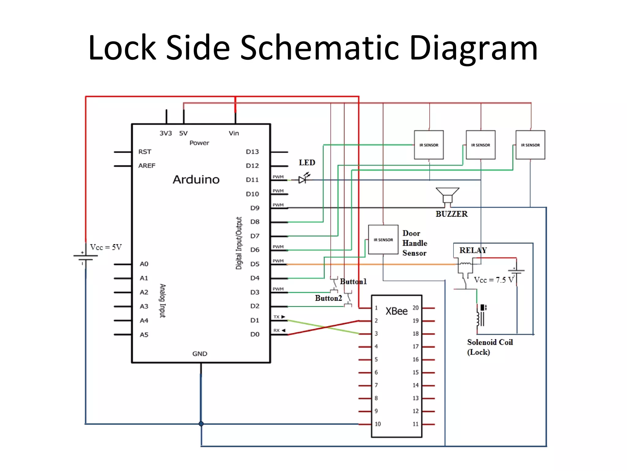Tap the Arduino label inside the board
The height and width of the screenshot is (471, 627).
click(196, 179)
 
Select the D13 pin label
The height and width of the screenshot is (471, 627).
click(252, 152)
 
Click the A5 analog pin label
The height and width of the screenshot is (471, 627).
click(144, 335)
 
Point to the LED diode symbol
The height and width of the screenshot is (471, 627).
click(303, 179)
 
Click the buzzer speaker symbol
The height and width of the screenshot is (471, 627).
click(447, 195)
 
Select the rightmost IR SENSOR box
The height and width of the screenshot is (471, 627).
click(530, 145)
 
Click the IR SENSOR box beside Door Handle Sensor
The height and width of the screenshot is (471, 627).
click(383, 239)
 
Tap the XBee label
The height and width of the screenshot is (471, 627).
click(396, 311)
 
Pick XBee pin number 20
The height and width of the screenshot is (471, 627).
click(415, 308)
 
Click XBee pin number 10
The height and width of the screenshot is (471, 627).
click(378, 424)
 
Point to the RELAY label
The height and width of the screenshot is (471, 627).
click(473, 250)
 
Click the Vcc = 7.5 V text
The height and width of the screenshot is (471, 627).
click(494, 280)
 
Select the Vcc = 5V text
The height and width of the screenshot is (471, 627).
click(106, 247)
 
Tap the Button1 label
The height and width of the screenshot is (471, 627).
click(353, 281)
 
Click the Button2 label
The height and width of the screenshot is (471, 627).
click(329, 298)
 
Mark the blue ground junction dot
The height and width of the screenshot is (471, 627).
click(201, 424)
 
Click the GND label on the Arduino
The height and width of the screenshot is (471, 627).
click(200, 354)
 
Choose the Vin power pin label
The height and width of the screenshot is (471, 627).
click(234, 133)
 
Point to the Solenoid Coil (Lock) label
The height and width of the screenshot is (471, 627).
click(490, 347)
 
